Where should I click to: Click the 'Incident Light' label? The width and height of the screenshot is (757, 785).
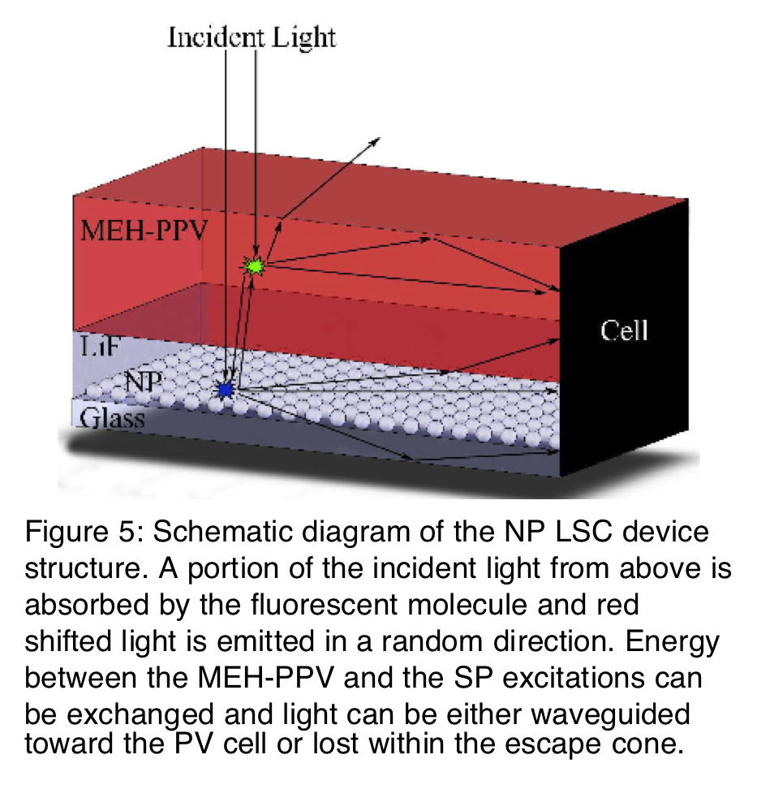(252, 37)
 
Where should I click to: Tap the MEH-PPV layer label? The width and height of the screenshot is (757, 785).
(144, 231)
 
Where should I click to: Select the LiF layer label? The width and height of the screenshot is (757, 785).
(101, 347)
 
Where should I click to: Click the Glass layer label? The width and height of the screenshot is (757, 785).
(112, 418)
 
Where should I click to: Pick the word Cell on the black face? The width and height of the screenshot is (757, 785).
(624, 330)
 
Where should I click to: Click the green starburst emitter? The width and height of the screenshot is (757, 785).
(255, 265)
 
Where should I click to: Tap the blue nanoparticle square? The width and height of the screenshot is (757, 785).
(225, 390)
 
